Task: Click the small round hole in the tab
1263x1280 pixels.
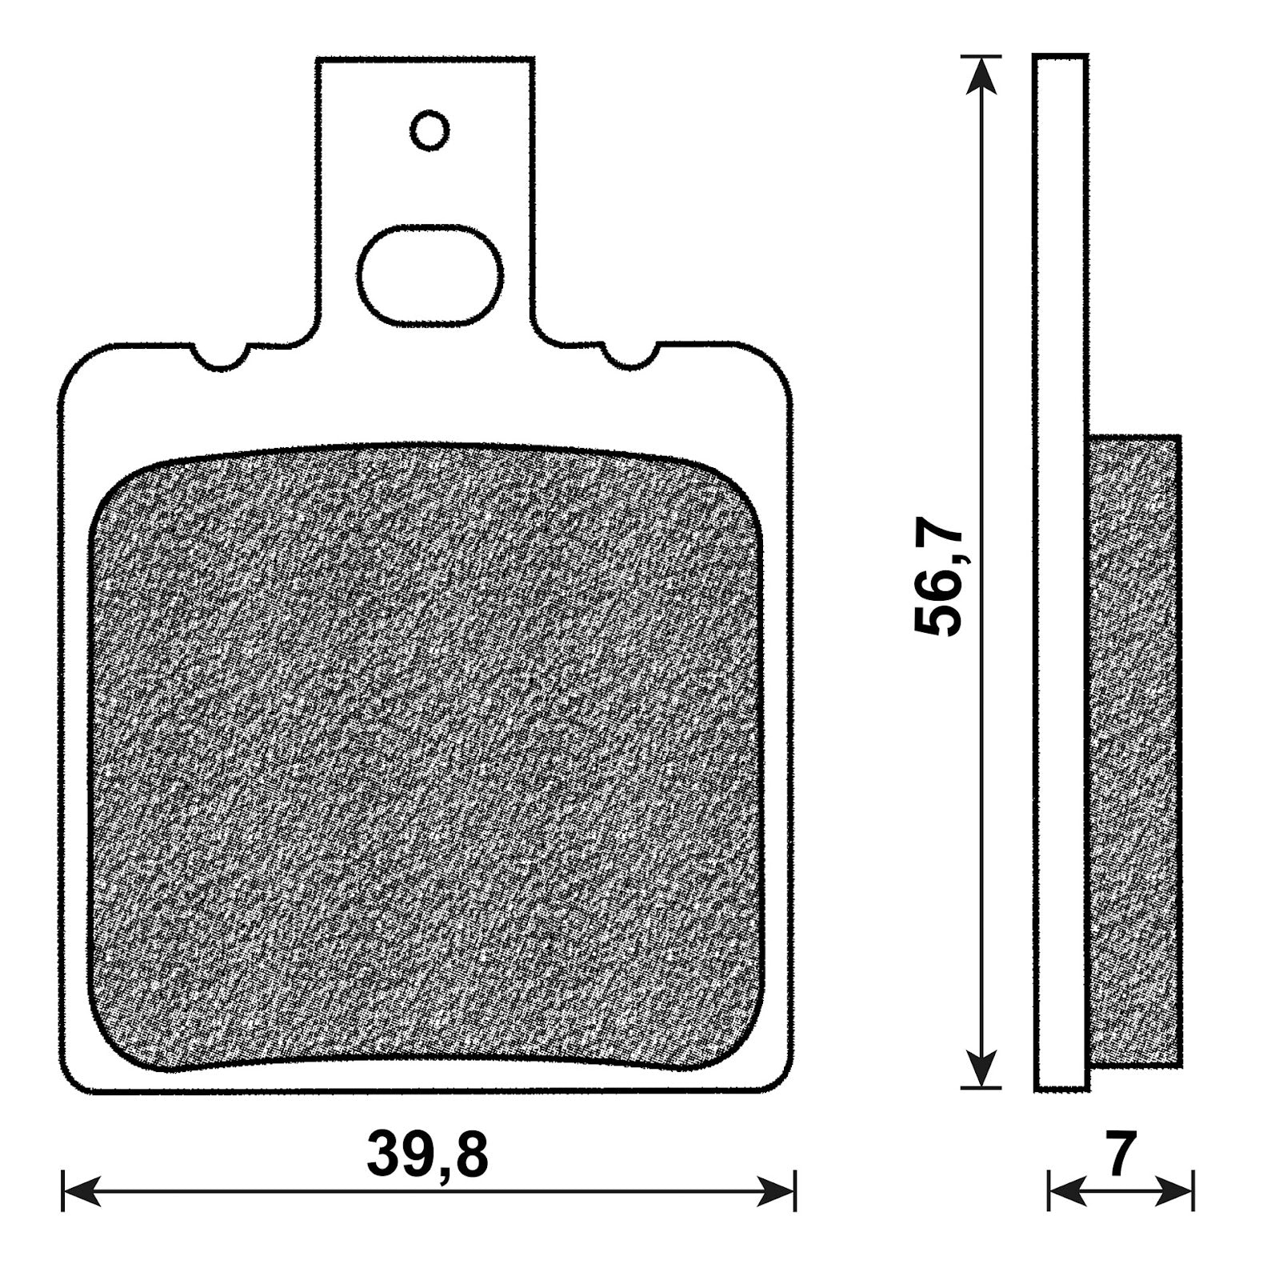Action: (x=430, y=130)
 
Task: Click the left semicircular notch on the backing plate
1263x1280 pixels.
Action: (x=221, y=357)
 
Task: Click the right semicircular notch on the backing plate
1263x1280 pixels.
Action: (x=630, y=357)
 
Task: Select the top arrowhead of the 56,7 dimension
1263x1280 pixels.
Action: (x=981, y=76)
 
